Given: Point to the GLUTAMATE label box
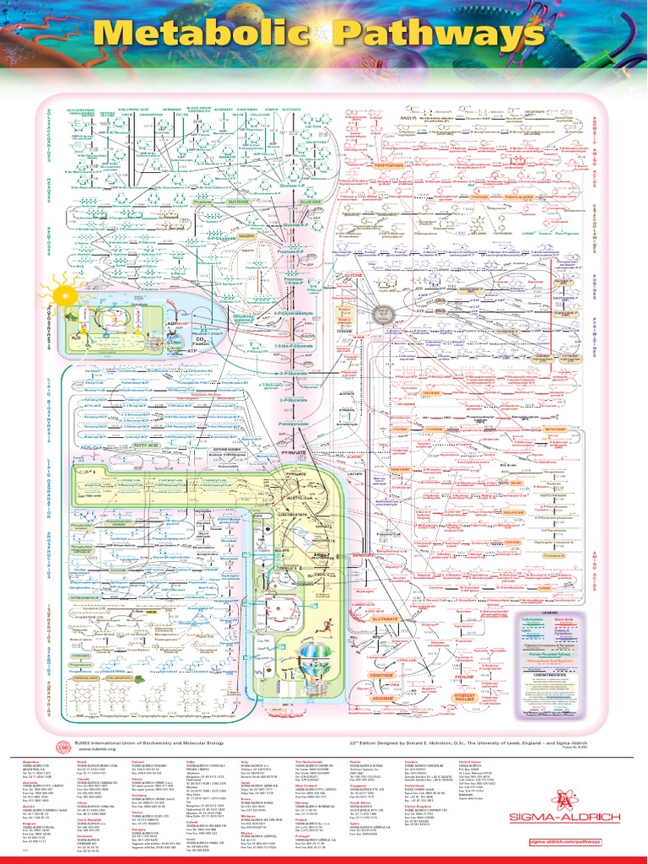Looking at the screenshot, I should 385,618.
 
